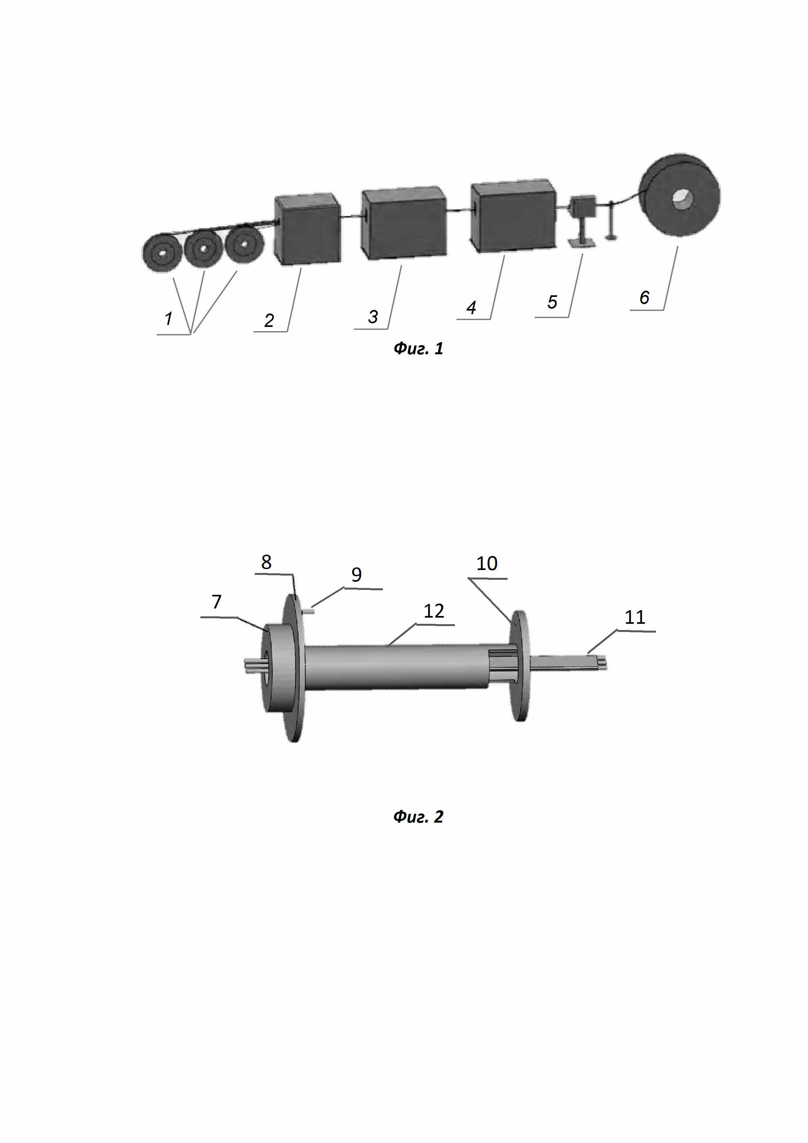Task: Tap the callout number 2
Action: (x=269, y=320)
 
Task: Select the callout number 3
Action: (x=373, y=316)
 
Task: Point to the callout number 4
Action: (x=471, y=307)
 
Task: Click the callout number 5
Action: (x=552, y=302)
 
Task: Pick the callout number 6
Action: (x=644, y=297)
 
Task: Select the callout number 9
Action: (x=356, y=575)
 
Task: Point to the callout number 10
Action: (x=486, y=564)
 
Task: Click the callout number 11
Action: (x=634, y=617)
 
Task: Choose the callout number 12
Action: (x=433, y=611)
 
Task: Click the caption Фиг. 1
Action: (x=418, y=348)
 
